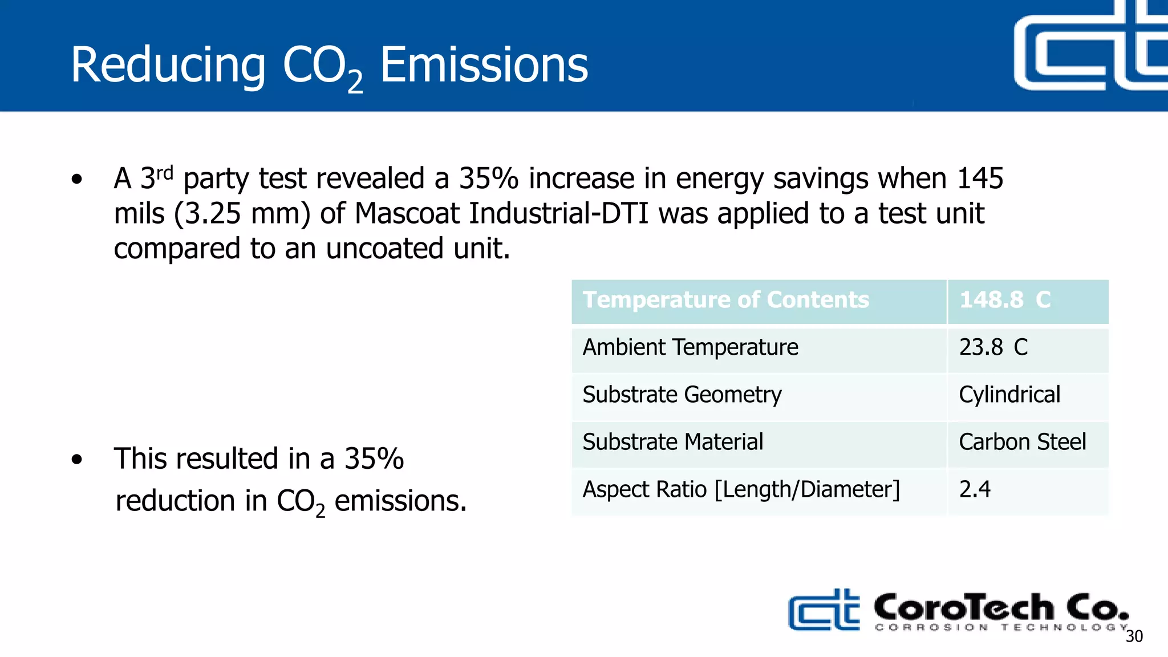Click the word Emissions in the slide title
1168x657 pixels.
(484, 65)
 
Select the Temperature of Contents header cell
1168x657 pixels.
(725, 300)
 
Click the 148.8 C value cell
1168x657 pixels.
(1005, 300)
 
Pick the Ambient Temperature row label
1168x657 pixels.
(690, 347)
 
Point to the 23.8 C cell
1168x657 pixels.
(993, 347)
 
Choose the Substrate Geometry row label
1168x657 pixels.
(682, 395)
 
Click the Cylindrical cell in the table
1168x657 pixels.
(1009, 395)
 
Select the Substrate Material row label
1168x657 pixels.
(672, 442)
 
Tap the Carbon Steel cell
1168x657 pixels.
(1023, 442)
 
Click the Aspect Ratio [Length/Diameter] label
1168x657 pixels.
(741, 489)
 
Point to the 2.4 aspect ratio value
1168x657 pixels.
(975, 489)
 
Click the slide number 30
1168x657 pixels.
(1134, 636)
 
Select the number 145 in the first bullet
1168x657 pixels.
(980, 179)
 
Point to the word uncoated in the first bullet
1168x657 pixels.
(384, 249)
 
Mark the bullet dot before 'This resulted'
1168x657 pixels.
(77, 459)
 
